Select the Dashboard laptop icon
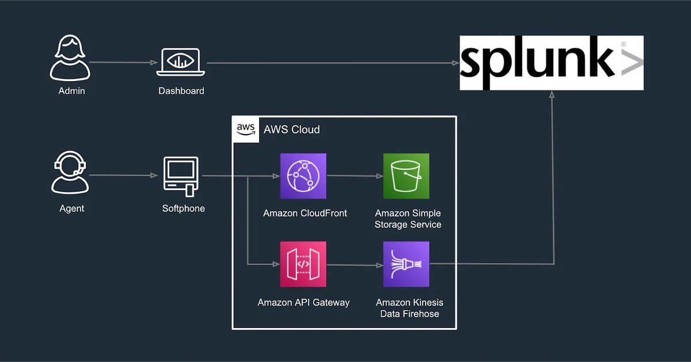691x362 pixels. [x=181, y=62]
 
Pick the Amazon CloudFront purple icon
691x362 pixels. [x=303, y=176]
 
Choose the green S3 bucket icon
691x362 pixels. [x=406, y=176]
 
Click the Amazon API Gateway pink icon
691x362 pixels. [x=303, y=264]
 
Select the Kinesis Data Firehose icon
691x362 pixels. [x=406, y=264]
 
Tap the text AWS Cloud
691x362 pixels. [x=291, y=129]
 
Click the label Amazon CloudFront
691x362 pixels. [x=305, y=213]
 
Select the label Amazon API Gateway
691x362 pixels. [x=303, y=302]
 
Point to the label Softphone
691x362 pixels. [x=183, y=208]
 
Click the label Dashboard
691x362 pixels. [x=181, y=91]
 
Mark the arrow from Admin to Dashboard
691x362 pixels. [x=123, y=62]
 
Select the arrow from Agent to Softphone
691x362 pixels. [x=123, y=176]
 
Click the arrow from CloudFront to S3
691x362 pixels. [x=354, y=176]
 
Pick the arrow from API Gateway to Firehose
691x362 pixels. [x=354, y=265]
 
